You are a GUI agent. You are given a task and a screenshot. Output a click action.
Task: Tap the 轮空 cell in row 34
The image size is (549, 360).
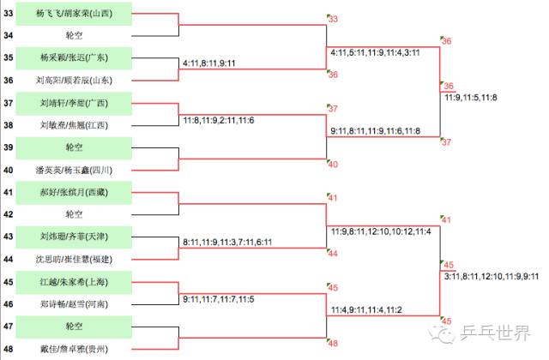click(x=75, y=36)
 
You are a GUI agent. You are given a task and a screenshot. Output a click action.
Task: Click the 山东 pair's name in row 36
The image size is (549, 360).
click(x=75, y=81)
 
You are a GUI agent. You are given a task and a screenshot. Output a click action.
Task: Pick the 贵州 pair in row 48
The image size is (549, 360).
click(x=75, y=349)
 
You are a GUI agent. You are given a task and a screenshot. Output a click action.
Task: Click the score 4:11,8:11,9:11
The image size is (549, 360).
click(x=210, y=63)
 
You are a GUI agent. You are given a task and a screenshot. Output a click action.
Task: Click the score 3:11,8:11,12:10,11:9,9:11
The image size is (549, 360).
click(x=491, y=276)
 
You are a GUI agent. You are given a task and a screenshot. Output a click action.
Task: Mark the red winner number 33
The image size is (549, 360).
click(x=333, y=19)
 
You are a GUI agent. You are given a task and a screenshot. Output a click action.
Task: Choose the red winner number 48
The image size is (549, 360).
click(x=333, y=343)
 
